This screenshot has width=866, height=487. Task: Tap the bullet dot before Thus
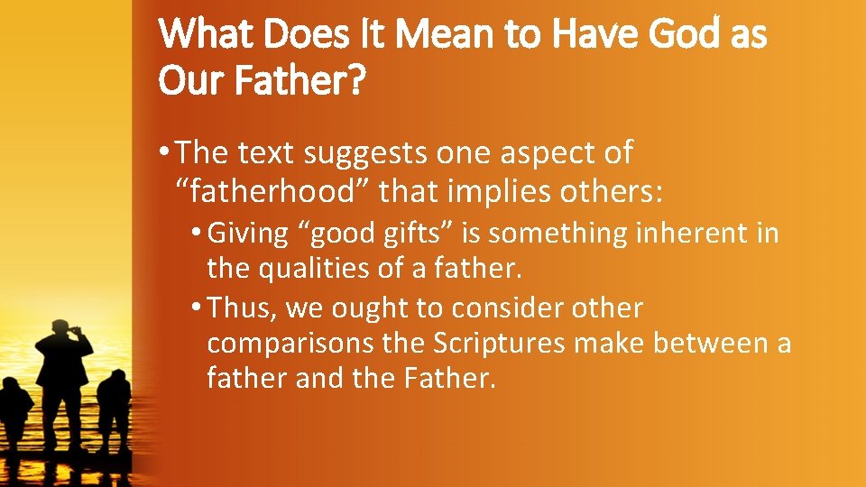(198, 308)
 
